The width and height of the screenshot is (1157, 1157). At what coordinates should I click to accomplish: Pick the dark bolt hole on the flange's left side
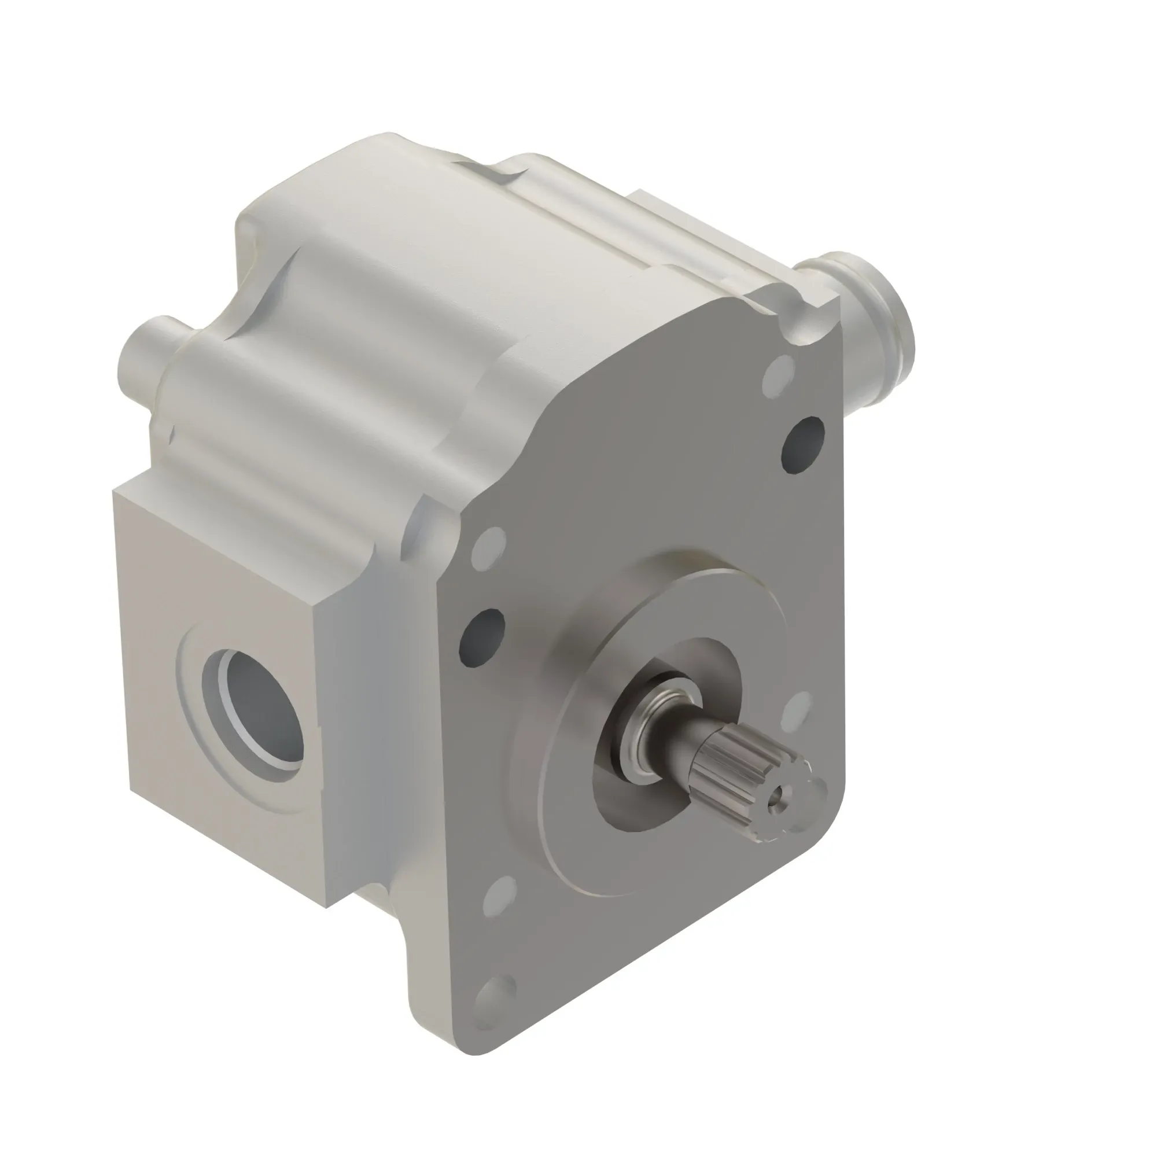pyautogui.click(x=481, y=639)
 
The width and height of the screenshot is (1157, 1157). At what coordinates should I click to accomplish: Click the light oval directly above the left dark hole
pyautogui.click(x=488, y=547)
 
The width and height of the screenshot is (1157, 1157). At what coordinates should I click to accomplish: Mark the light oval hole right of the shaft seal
pyautogui.click(x=797, y=714)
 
